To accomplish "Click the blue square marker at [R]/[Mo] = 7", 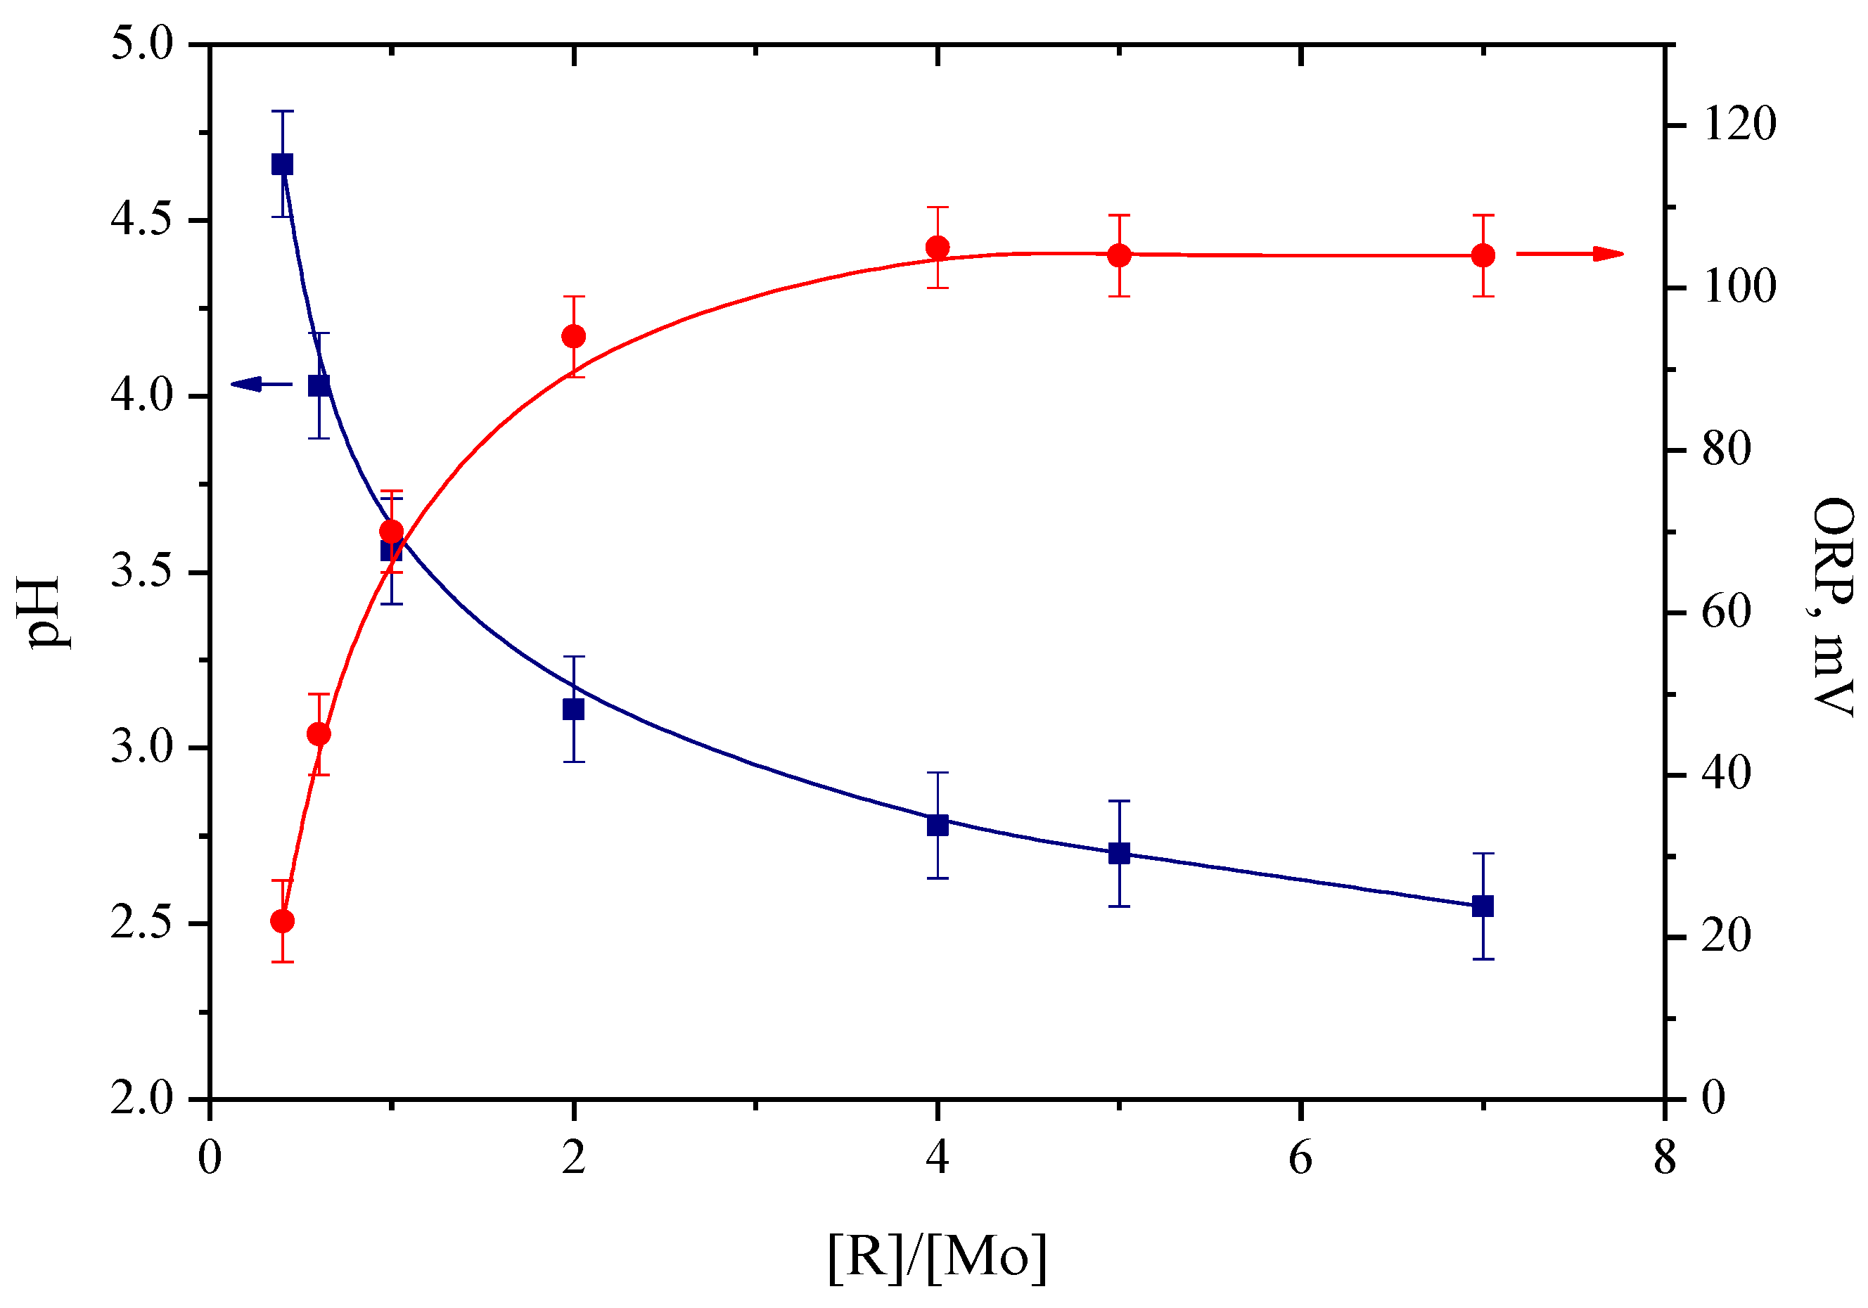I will tap(1483, 906).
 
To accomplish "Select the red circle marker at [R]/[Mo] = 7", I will tap(1483, 255).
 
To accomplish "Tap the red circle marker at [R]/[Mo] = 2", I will tap(574, 337).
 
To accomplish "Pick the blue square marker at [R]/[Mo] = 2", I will tap(574, 710).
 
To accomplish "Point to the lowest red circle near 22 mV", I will tap(282, 921).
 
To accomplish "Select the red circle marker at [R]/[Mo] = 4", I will tap(938, 248).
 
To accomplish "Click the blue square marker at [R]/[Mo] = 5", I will tap(1120, 853).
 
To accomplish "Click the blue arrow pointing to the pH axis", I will tap(260, 384).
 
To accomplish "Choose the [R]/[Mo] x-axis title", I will tap(938, 1257).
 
